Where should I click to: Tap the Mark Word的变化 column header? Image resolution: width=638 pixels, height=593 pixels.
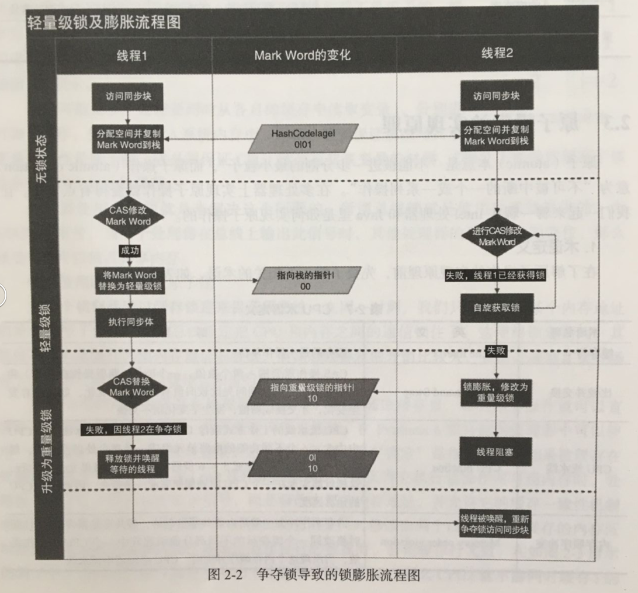[302, 56]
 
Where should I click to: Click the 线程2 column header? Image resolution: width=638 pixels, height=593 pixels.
[497, 54]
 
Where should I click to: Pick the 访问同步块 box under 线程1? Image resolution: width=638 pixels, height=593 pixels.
[129, 96]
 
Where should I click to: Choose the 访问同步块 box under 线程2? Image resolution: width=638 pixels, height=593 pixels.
[496, 95]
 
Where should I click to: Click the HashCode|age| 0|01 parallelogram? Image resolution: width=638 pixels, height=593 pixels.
[303, 138]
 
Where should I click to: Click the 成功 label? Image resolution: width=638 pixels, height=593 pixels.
[129, 250]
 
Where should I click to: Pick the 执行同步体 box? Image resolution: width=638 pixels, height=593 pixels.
[129, 320]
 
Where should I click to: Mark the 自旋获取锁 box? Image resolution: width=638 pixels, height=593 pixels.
[495, 308]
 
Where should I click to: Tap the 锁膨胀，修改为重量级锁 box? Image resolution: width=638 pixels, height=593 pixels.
[495, 391]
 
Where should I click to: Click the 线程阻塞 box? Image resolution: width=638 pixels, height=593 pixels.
[495, 452]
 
